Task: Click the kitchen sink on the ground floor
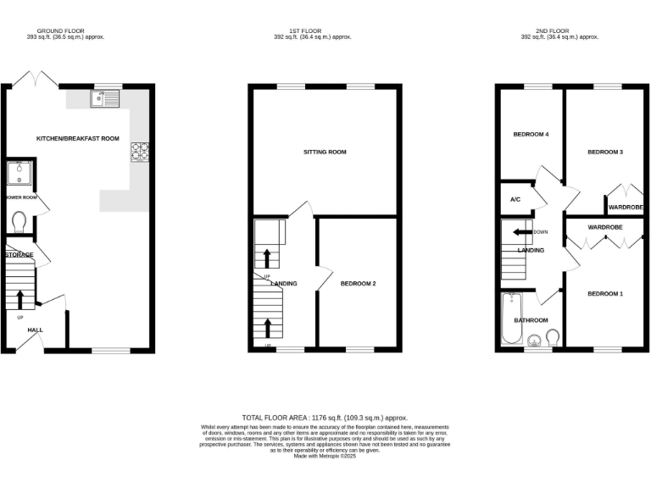point(107,99)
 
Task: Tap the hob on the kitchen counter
point(138,152)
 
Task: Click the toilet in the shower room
point(19,221)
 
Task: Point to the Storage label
point(19,254)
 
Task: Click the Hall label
point(35,330)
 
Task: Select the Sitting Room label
point(325,152)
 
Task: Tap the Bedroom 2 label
point(358,283)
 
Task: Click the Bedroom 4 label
point(531,135)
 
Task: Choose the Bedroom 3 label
point(606,152)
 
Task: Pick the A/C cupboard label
point(515,200)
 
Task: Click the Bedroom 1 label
point(605,293)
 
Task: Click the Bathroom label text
point(531,320)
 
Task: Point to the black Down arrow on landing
point(520,231)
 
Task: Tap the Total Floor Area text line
point(325,418)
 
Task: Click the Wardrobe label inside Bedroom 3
point(626,208)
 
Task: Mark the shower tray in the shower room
point(19,173)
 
